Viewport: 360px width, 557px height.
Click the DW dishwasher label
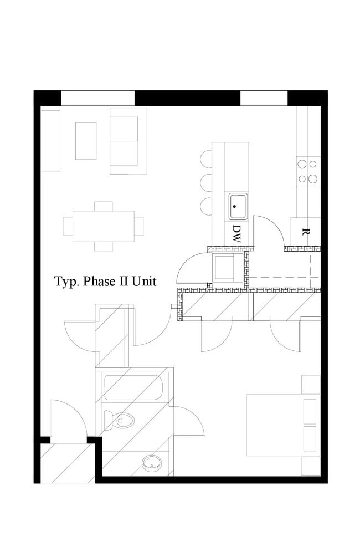(236, 234)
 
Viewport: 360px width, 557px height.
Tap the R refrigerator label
(304, 232)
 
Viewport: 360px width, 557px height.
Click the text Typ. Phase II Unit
(105, 282)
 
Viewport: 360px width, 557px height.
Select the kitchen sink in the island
(238, 206)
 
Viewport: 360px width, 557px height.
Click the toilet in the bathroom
(122, 421)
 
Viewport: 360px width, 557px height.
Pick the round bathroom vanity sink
(151, 463)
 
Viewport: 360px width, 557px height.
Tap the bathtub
(133, 388)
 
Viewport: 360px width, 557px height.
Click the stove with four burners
(307, 171)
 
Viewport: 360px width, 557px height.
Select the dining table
(104, 226)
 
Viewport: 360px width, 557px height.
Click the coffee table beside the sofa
(86, 141)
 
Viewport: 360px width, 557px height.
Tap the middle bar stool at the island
(206, 182)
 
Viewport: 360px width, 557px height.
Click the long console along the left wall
(51, 141)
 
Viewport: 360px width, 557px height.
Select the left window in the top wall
(97, 98)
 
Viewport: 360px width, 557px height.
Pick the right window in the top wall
(264, 98)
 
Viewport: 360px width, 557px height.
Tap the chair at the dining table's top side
(104, 206)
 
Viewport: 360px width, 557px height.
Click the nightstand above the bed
(311, 384)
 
